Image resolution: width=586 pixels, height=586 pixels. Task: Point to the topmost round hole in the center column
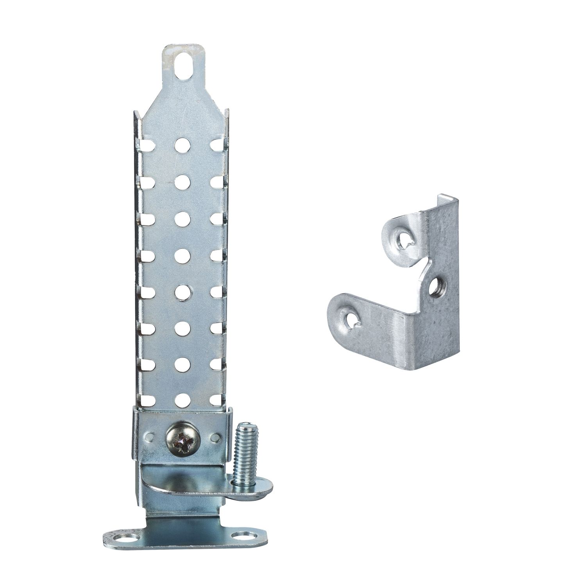pyautogui.click(x=182, y=145)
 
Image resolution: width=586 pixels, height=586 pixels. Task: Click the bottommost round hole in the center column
pyautogui.click(x=182, y=399)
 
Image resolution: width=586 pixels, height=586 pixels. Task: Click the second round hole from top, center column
pyautogui.click(x=182, y=181)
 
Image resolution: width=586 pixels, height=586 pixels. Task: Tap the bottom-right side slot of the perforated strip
pyautogui.click(x=216, y=399)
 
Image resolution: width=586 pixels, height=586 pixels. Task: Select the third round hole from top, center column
pyautogui.click(x=182, y=218)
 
